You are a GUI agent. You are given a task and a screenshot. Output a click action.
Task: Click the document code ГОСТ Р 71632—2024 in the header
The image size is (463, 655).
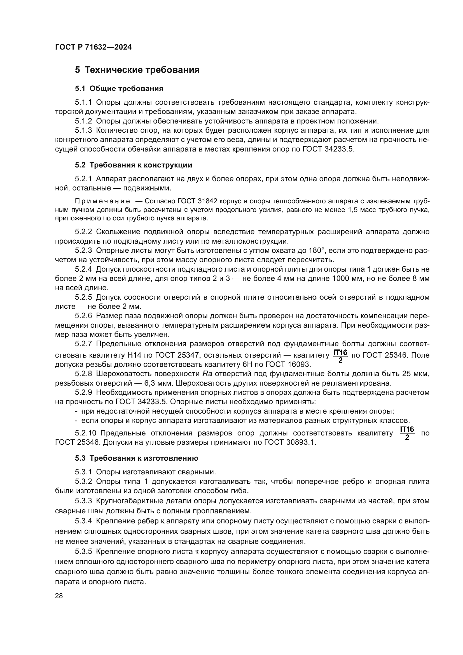[93, 47]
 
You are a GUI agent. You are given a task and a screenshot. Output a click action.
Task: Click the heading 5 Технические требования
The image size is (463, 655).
[137, 70]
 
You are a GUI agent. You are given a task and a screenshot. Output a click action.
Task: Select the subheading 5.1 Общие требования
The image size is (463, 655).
[119, 88]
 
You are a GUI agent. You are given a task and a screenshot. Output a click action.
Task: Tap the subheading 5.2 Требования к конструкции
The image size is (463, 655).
[134, 165]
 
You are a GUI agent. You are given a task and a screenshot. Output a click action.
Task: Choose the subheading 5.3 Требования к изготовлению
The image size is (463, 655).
[137, 458]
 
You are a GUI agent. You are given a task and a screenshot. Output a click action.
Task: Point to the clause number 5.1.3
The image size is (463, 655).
[83, 131]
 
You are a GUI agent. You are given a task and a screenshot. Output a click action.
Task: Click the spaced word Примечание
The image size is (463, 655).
[102, 201]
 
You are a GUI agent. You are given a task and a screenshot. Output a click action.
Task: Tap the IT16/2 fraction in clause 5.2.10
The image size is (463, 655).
[407, 433]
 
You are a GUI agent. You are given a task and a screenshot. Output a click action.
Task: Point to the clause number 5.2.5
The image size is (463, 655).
[83, 297]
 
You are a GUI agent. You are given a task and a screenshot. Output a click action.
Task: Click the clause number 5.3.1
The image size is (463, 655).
[83, 472]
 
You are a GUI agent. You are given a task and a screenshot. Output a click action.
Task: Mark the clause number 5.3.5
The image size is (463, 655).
[83, 552]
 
